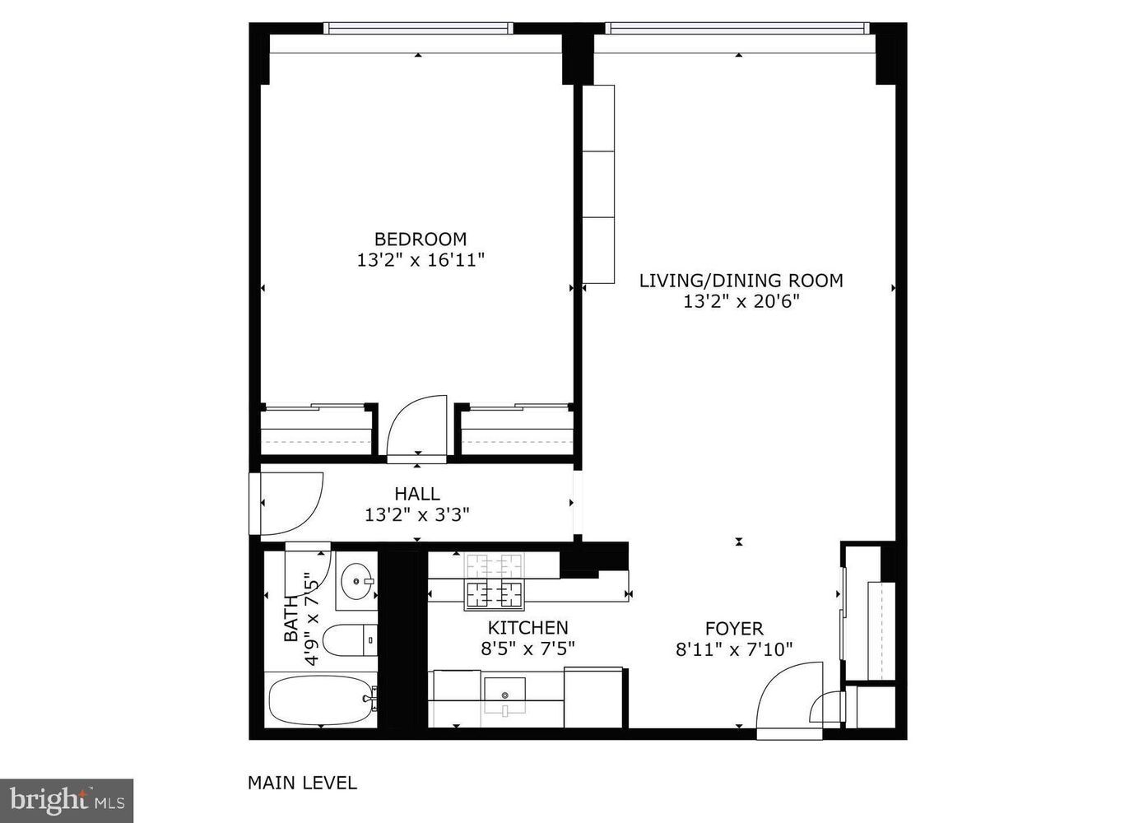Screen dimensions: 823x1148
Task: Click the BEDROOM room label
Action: [420, 239]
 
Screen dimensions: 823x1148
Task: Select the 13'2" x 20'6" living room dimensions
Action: [741, 301]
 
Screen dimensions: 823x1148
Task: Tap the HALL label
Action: [417, 494]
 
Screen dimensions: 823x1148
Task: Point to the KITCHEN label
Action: [528, 627]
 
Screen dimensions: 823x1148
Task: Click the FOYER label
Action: [734, 629]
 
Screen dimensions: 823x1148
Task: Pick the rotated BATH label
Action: [290, 619]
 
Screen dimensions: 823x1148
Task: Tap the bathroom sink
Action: [357, 581]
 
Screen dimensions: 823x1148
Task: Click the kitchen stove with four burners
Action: [495, 581]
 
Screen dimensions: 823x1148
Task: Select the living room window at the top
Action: [738, 28]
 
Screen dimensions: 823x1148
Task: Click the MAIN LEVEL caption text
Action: [302, 783]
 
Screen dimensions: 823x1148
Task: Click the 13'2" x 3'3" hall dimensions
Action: [417, 515]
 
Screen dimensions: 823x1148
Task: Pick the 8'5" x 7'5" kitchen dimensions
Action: [528, 648]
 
